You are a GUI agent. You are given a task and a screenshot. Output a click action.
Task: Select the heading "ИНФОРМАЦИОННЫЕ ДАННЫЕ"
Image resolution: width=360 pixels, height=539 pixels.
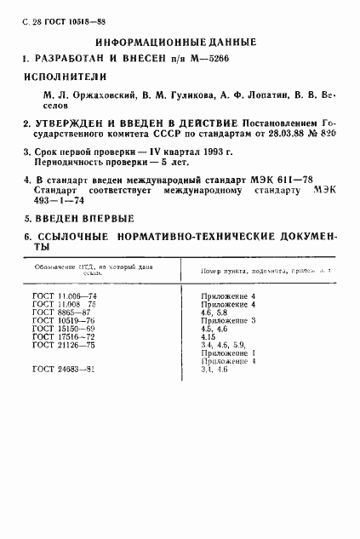pyautogui.click(x=176, y=43)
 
